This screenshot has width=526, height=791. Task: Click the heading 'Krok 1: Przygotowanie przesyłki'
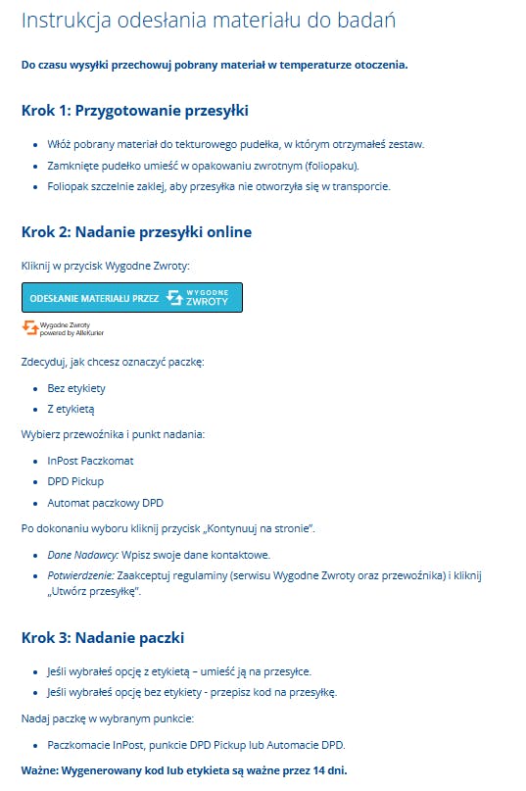pyautogui.click(x=134, y=110)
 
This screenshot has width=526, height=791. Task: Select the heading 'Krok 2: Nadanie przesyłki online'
pyautogui.click(x=136, y=232)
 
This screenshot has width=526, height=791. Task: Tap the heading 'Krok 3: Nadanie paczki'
pyautogui.click(x=103, y=638)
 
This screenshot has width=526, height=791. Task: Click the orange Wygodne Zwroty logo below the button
pyautogui.click(x=30, y=326)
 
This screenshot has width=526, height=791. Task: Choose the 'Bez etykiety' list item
pyautogui.click(x=76, y=388)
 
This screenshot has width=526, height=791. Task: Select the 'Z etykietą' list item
pyautogui.click(x=71, y=409)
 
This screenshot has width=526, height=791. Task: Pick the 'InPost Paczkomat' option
pyautogui.click(x=90, y=460)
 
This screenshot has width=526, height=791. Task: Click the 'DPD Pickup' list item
pyautogui.click(x=75, y=481)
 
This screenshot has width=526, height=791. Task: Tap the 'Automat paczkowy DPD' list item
pyautogui.click(x=105, y=503)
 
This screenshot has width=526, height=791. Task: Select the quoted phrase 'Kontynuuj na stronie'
pyautogui.click(x=261, y=529)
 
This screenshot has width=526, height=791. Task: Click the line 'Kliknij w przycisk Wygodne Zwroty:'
pyautogui.click(x=106, y=266)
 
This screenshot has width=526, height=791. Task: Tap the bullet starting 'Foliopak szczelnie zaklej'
pyautogui.click(x=217, y=186)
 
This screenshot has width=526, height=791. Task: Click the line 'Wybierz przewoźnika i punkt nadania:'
pyautogui.click(x=113, y=433)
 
